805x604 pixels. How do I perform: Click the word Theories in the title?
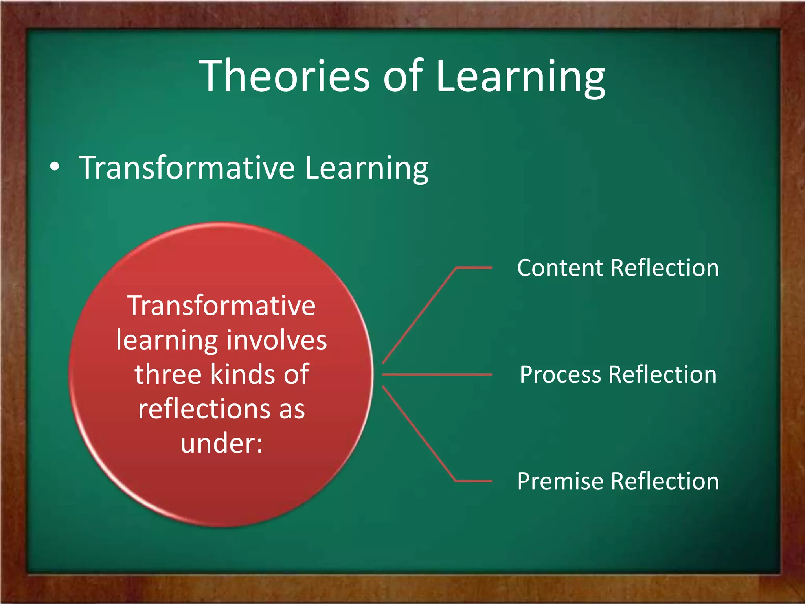(x=285, y=75)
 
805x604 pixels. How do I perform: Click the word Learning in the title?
(x=520, y=77)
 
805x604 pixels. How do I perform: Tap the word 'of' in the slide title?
(x=402, y=75)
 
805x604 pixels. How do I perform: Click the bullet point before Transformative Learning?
(x=55, y=167)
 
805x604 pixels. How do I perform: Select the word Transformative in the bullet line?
(x=187, y=168)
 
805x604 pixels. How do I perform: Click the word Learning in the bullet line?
(x=366, y=168)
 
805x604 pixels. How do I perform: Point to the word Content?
(x=560, y=268)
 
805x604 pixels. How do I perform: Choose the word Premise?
(x=560, y=481)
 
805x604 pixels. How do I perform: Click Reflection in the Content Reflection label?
(x=665, y=268)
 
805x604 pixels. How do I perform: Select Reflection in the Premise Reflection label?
(x=665, y=481)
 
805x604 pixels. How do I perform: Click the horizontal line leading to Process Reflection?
(x=436, y=374)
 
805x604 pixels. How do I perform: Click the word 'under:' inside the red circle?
(x=221, y=444)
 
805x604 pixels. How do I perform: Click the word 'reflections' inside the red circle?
(x=205, y=409)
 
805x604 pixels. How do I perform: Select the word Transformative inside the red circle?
(x=221, y=306)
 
